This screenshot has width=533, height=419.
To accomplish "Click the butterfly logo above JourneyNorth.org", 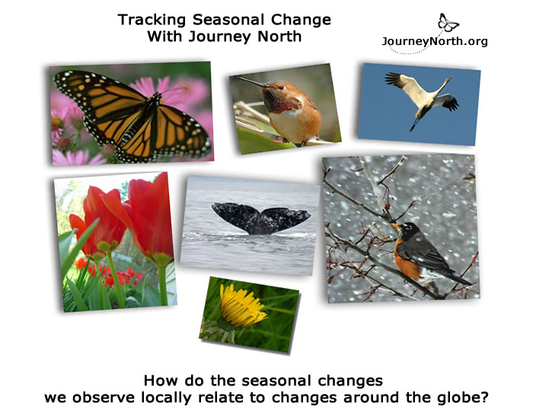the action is [448, 22].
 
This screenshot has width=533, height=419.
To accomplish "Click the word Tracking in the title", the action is [152, 20].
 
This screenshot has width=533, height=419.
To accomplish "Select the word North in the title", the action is [279, 37].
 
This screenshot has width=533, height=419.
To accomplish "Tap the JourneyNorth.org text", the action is [435, 41].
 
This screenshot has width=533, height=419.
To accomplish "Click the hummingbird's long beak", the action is [251, 82].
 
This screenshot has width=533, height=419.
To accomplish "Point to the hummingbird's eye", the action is [282, 88].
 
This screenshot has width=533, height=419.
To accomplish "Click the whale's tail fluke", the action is [260, 218].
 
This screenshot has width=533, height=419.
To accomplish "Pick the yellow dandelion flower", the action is [242, 306].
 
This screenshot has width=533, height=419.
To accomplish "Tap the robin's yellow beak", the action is [396, 225].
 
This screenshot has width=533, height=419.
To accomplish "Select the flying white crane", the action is [422, 98].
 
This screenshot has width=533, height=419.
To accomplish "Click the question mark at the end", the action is [484, 397].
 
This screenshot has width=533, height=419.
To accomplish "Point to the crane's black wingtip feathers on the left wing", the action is [394, 78].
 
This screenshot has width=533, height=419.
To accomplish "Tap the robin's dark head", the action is [409, 229].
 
